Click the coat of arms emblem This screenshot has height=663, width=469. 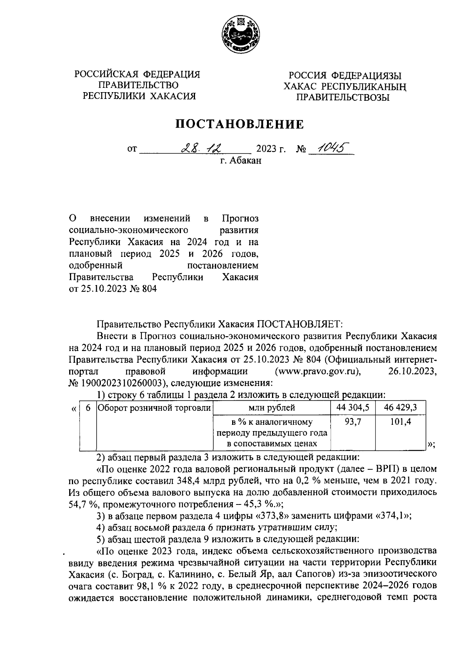click(x=239, y=35)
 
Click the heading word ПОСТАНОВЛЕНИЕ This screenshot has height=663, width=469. click(x=239, y=124)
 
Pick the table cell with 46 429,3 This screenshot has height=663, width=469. click(x=400, y=408)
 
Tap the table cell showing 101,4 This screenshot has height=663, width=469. click(x=400, y=422)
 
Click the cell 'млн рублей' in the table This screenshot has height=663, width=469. click(x=272, y=408)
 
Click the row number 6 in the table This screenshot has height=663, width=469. click(x=88, y=408)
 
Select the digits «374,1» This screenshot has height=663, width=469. click(x=394, y=515)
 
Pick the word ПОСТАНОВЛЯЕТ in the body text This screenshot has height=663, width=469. click(x=299, y=324)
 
